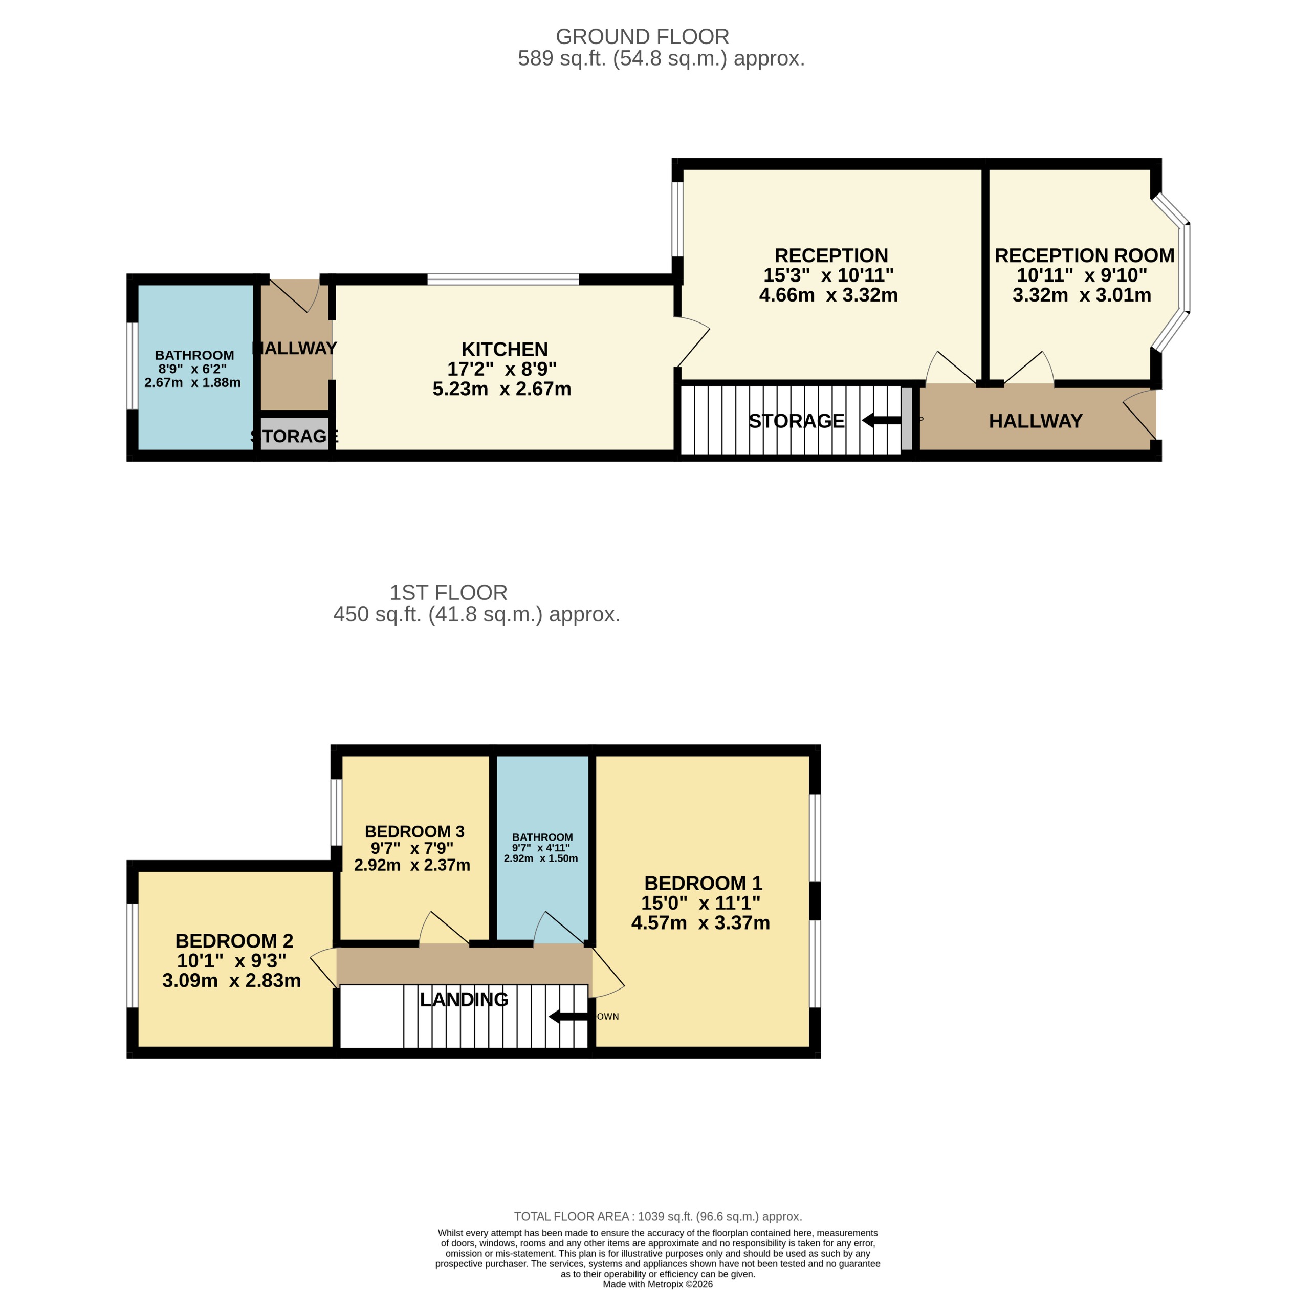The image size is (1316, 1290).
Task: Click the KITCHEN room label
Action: [x=504, y=349]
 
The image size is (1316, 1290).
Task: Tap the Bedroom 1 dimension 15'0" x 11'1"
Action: [x=700, y=902]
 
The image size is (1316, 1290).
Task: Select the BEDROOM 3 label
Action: [x=414, y=831]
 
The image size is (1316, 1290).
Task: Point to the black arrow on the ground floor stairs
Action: [x=881, y=421]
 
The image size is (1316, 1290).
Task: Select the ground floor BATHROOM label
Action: [x=194, y=355]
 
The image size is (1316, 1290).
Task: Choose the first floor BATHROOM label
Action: [x=542, y=837]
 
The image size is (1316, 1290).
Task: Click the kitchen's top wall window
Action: [x=502, y=278]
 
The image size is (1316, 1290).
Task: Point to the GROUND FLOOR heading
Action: [x=642, y=36]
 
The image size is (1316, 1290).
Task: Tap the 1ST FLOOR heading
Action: [x=448, y=592]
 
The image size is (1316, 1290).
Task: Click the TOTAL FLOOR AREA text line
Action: [x=657, y=1216]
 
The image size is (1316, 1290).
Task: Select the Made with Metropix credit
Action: [x=657, y=1284]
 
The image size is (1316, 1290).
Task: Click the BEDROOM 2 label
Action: [x=234, y=940]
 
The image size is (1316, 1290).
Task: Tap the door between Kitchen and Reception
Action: [x=692, y=342]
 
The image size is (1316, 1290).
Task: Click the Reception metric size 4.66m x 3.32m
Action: [x=828, y=295]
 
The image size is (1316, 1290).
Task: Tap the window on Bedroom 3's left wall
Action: [x=336, y=812]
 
